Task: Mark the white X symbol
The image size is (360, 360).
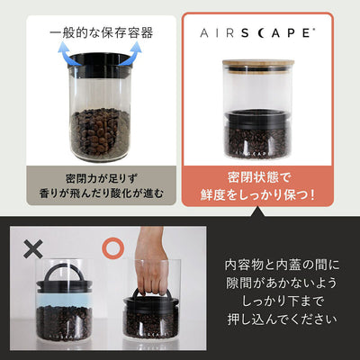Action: tap(33, 244)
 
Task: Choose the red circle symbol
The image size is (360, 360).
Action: tap(113, 244)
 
